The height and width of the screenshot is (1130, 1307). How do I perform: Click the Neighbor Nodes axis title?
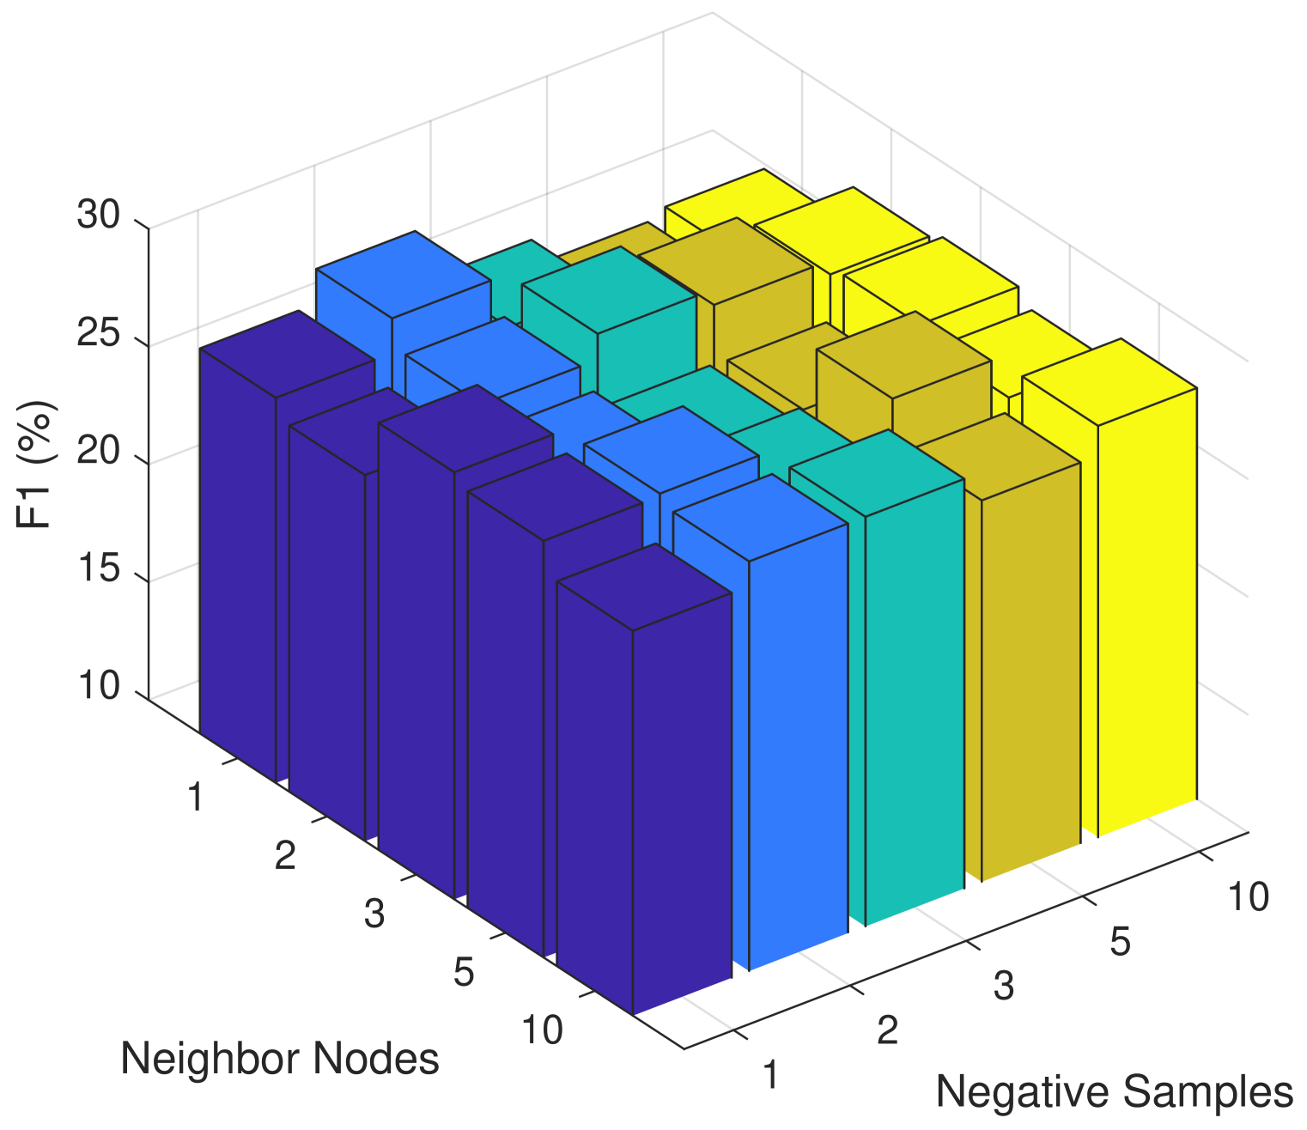click(x=279, y=1059)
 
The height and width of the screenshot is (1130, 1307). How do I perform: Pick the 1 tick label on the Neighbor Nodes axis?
click(x=196, y=799)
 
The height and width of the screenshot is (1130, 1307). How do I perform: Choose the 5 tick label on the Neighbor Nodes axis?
click(x=464, y=974)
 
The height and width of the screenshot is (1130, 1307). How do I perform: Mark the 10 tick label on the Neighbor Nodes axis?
click(x=542, y=1030)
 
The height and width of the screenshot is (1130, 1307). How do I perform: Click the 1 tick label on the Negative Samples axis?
click(x=770, y=1075)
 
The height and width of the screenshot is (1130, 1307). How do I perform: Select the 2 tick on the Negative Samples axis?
click(x=887, y=1030)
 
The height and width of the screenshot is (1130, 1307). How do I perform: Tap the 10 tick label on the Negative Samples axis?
click(x=1248, y=897)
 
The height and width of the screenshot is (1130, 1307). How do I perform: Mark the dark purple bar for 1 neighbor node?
click(x=236, y=558)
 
